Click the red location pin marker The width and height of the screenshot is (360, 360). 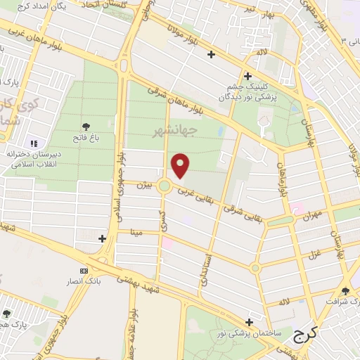click(x=181, y=165)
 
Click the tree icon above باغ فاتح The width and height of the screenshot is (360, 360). click(x=86, y=127)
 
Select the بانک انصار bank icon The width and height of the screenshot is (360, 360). click(x=84, y=271)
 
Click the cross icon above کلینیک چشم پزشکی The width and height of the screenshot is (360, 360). click(x=247, y=76)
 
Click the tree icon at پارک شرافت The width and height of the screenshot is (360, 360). click(x=345, y=290)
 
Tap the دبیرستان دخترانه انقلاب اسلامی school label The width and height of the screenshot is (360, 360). click(x=31, y=160)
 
